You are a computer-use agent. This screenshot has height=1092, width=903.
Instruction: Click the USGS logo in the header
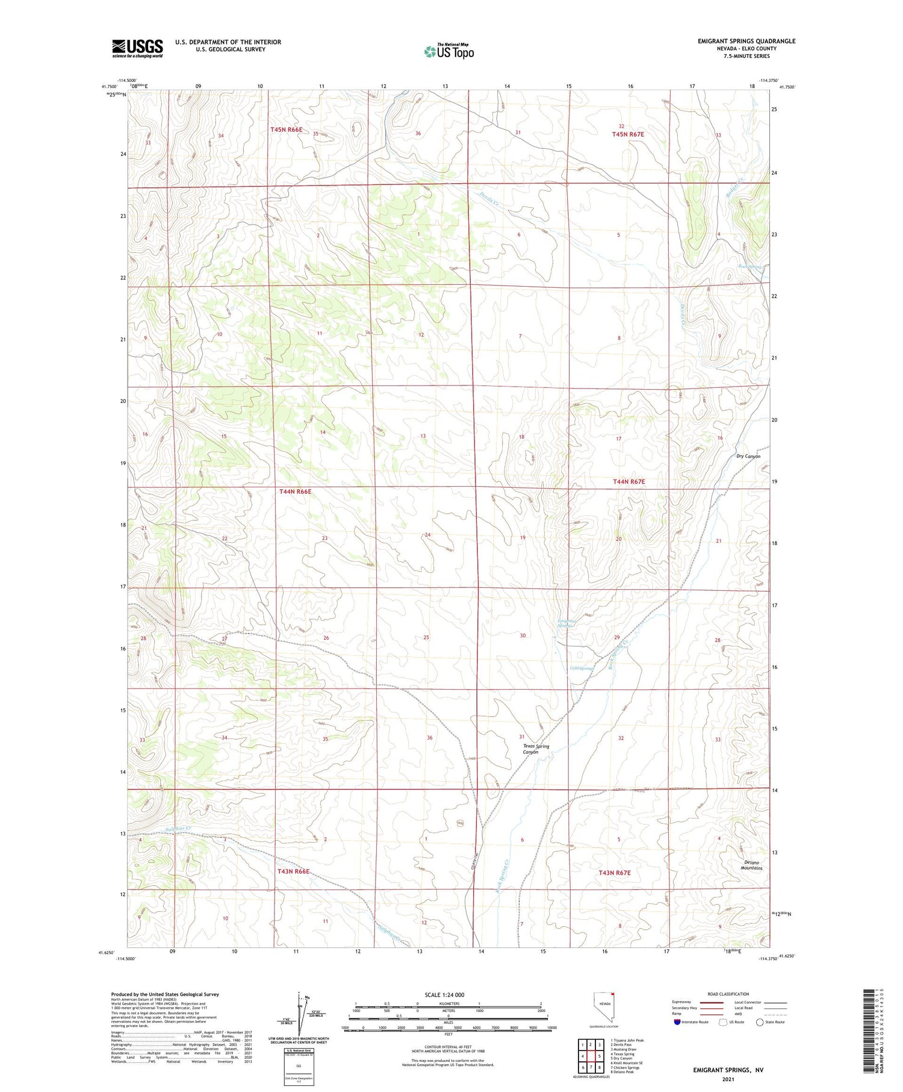tap(137, 48)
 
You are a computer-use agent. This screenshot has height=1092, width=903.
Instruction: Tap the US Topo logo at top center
tap(448, 51)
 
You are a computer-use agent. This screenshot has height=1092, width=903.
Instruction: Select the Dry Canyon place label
tap(748, 457)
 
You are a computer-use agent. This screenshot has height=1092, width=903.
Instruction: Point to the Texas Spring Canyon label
tap(535, 749)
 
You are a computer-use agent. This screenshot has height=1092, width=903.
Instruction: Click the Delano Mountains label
tap(751, 865)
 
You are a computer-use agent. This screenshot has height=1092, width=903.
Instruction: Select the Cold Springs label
tap(582, 668)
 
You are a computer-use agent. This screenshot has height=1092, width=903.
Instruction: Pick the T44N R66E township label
tap(295, 491)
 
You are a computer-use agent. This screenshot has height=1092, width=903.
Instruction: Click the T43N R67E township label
tap(614, 873)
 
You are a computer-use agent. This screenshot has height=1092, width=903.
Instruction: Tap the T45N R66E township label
tap(286, 129)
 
